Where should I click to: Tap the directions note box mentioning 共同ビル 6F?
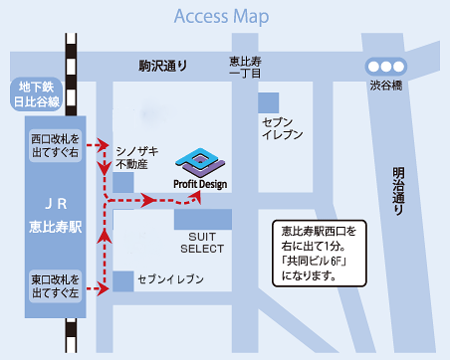click(x=318, y=251)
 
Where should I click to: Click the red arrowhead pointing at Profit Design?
click(x=195, y=195)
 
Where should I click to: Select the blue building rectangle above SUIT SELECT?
click(x=202, y=219)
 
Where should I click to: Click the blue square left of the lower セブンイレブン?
click(x=122, y=281)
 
